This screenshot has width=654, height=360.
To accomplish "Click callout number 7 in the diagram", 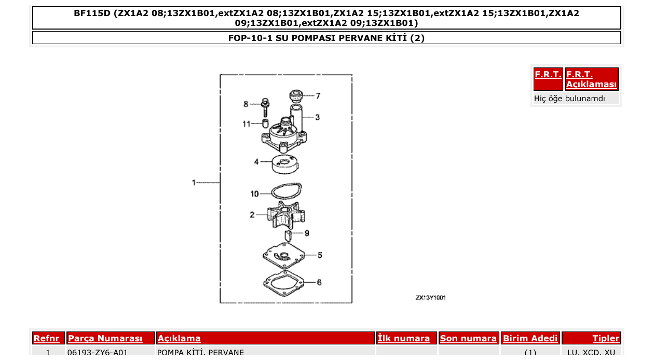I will tap(318, 96).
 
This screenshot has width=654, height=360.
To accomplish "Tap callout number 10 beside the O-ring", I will tap(254, 194).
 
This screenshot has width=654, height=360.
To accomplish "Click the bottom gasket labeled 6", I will tap(283, 283).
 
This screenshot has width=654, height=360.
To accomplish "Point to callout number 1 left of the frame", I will tap(194, 183).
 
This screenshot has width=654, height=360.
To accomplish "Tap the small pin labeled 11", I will tap(265, 123).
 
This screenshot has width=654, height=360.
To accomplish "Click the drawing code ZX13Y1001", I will tap(430, 298).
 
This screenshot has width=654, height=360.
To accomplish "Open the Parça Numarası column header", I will tap(105, 339).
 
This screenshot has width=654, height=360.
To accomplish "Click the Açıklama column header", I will tap(179, 339).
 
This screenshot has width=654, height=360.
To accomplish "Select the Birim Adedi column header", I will tap(530, 339).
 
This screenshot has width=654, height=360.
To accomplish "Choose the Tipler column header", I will tap(606, 339).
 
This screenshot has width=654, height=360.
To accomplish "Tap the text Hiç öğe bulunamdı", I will tap(569, 99).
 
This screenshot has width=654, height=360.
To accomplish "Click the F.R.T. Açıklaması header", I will tap(591, 79).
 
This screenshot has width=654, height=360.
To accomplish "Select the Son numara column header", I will tap(468, 339).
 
